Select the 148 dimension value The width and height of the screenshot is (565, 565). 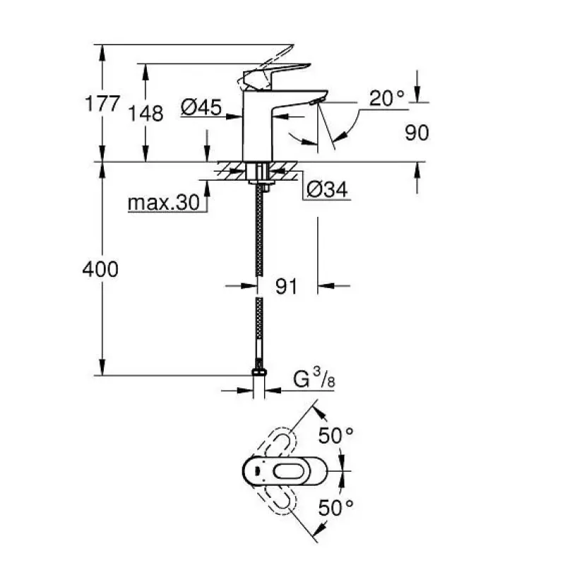click(x=148, y=113)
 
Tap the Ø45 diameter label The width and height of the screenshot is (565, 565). click(x=201, y=107)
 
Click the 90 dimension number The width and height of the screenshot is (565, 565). click(x=417, y=133)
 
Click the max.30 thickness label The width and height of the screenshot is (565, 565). click(x=163, y=203)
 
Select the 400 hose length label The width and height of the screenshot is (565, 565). click(x=100, y=269)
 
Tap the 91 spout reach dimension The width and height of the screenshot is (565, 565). click(x=286, y=286)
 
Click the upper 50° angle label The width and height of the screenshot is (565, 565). click(x=335, y=436)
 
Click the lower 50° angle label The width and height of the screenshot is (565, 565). click(x=335, y=506)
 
